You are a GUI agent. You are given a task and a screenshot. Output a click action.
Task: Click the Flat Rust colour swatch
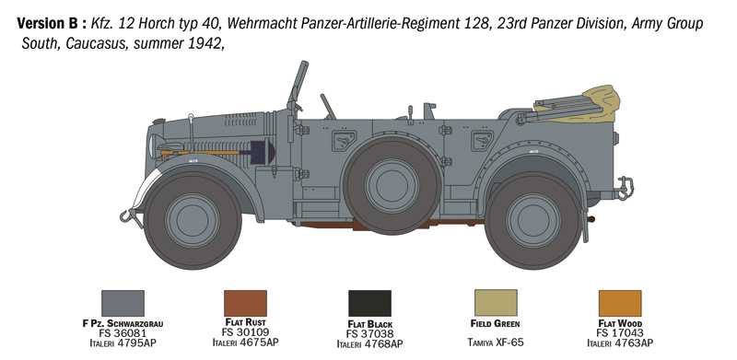[x=245, y=303]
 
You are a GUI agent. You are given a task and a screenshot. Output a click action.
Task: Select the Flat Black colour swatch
[x=369, y=303]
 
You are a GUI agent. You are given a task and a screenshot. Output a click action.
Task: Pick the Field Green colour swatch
[x=495, y=303]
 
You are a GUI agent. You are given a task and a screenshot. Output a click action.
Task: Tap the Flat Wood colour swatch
[x=619, y=303]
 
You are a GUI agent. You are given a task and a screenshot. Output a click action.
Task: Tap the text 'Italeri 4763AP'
[x=619, y=343]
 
